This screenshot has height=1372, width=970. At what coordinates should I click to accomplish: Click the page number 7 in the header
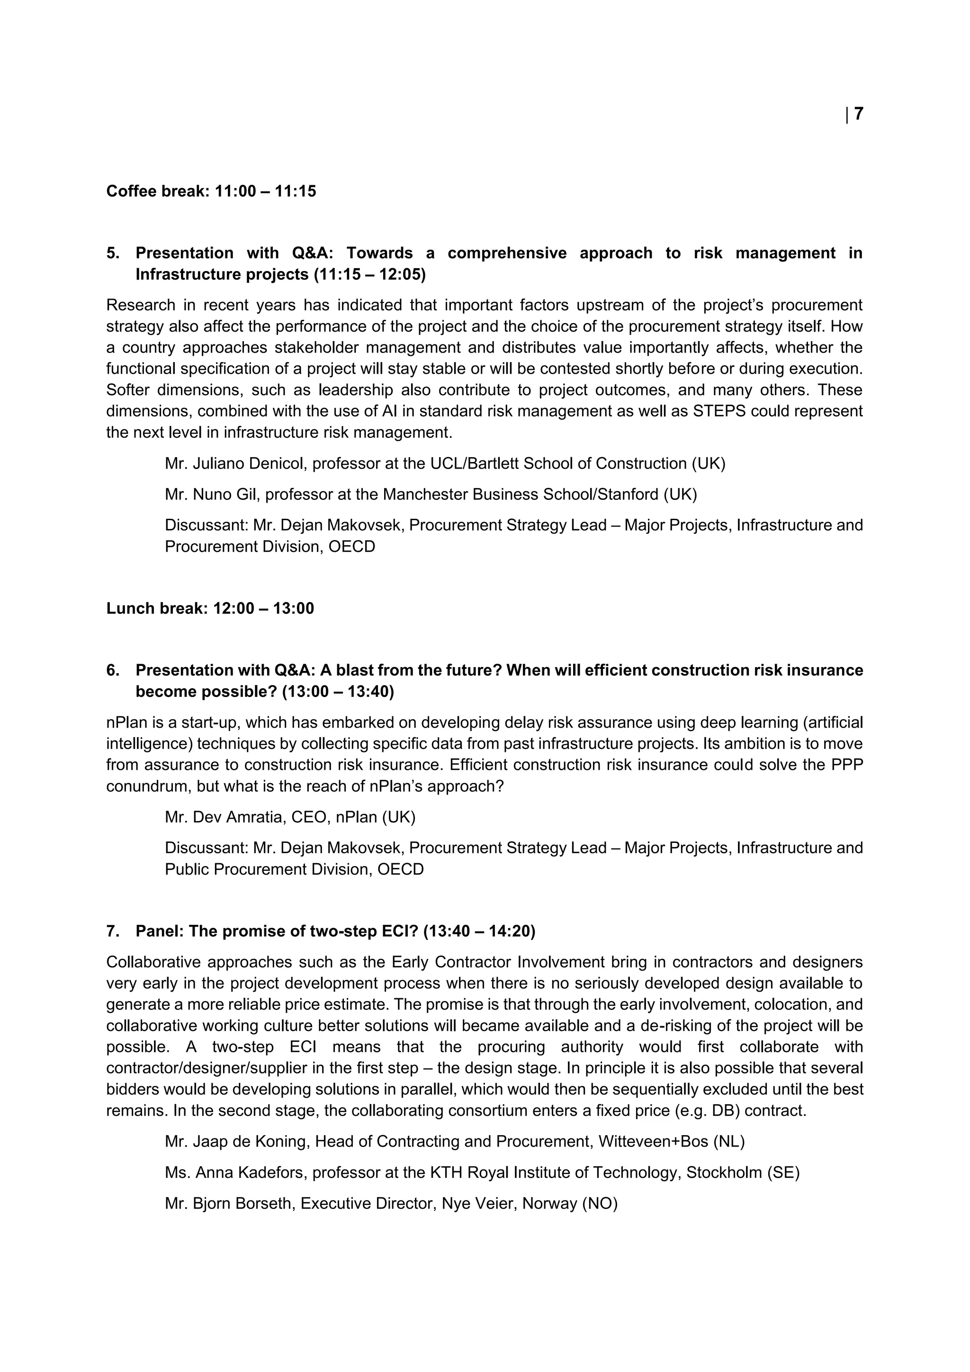pos(858,114)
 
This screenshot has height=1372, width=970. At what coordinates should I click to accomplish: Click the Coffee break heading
pos(211,191)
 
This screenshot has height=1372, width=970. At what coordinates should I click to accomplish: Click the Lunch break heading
pos(210,608)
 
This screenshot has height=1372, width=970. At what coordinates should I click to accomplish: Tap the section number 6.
pos(112,670)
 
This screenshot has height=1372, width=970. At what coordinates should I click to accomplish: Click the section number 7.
pos(112,931)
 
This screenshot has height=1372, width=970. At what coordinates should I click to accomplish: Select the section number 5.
pos(112,253)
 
